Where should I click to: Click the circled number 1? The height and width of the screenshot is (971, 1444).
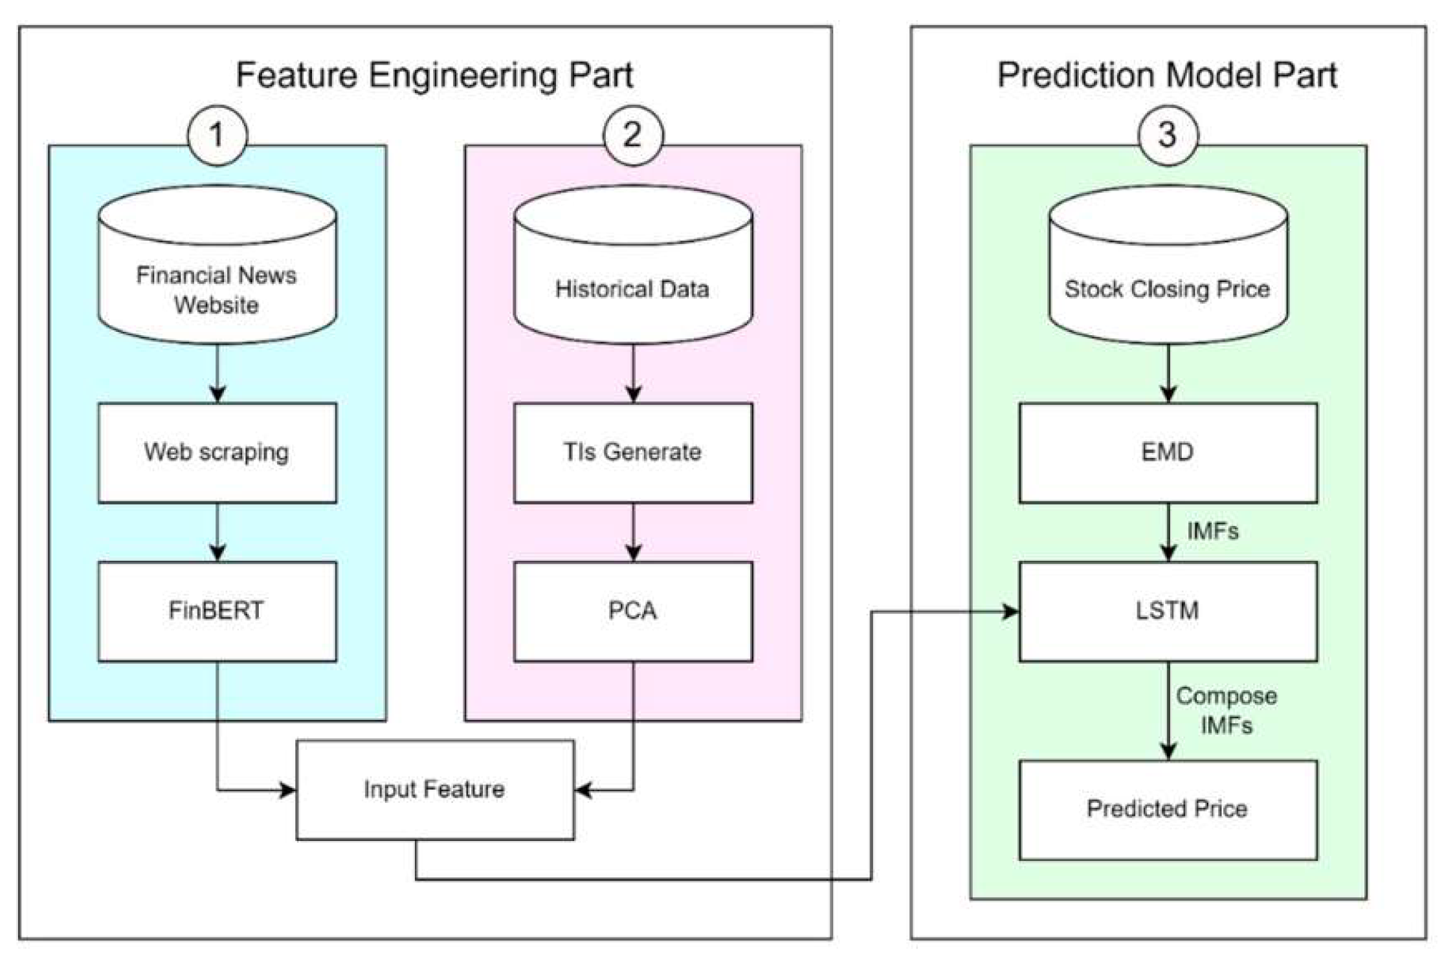coord(217,136)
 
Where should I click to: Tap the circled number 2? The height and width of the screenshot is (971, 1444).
coord(632,136)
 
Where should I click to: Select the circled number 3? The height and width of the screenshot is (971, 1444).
coord(1168,136)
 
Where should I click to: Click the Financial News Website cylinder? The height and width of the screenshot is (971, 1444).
coord(217,272)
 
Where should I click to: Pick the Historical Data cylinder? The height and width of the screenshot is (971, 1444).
coord(632,272)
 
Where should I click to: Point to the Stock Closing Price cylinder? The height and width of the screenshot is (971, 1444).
coord(1168,272)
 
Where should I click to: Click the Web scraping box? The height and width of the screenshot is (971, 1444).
coord(217,452)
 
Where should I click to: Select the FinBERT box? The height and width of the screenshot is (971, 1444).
coord(217,611)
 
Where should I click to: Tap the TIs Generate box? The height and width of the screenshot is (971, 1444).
coord(632,452)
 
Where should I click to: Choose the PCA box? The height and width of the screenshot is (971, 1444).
coord(632,611)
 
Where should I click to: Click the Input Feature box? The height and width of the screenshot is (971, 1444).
coord(434,789)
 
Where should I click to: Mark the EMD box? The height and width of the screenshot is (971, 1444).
coord(1168,452)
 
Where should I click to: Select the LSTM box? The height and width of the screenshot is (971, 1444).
coord(1168,611)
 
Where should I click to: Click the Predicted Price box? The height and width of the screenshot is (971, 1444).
coord(1168,809)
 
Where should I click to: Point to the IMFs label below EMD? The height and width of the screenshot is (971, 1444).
coord(1212,531)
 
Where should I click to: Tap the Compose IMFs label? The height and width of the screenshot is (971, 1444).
coord(1226,710)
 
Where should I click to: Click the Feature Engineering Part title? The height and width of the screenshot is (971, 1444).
coord(434,75)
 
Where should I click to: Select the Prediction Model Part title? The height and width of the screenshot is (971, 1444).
coord(1167,75)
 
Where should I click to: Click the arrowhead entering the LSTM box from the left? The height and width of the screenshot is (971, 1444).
coord(1010,611)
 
